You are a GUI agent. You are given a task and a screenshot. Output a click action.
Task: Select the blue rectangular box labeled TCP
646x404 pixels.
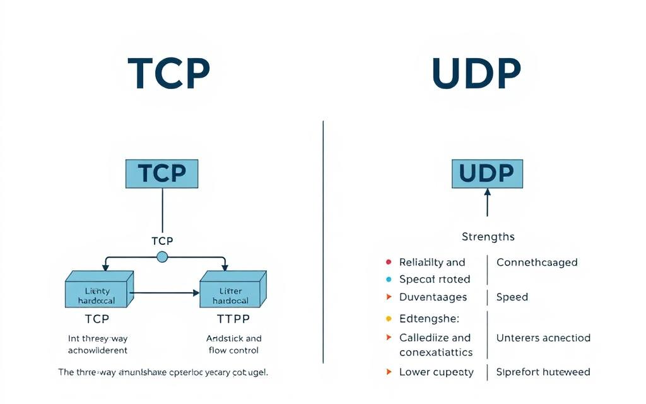click(163, 174)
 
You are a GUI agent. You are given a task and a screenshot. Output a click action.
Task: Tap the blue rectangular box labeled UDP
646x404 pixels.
click(487, 174)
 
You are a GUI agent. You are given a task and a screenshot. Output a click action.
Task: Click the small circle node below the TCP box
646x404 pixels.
click(162, 256)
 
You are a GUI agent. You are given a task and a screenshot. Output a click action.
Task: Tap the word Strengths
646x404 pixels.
click(488, 237)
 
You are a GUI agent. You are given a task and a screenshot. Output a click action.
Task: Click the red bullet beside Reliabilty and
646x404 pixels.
click(388, 262)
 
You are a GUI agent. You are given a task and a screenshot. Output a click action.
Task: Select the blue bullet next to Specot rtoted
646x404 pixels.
click(388, 279)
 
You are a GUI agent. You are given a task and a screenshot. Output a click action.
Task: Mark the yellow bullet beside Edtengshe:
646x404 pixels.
click(388, 319)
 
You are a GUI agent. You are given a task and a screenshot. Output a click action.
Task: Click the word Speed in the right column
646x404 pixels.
click(512, 297)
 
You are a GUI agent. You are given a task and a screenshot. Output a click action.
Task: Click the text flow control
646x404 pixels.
click(233, 350)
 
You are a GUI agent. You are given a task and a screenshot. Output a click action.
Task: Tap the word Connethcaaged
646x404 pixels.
click(536, 262)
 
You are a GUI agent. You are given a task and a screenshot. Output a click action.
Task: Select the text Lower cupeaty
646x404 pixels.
click(436, 372)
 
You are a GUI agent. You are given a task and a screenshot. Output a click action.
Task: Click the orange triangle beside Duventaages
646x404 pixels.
click(388, 297)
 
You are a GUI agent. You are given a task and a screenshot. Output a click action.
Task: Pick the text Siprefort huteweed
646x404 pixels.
click(543, 372)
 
